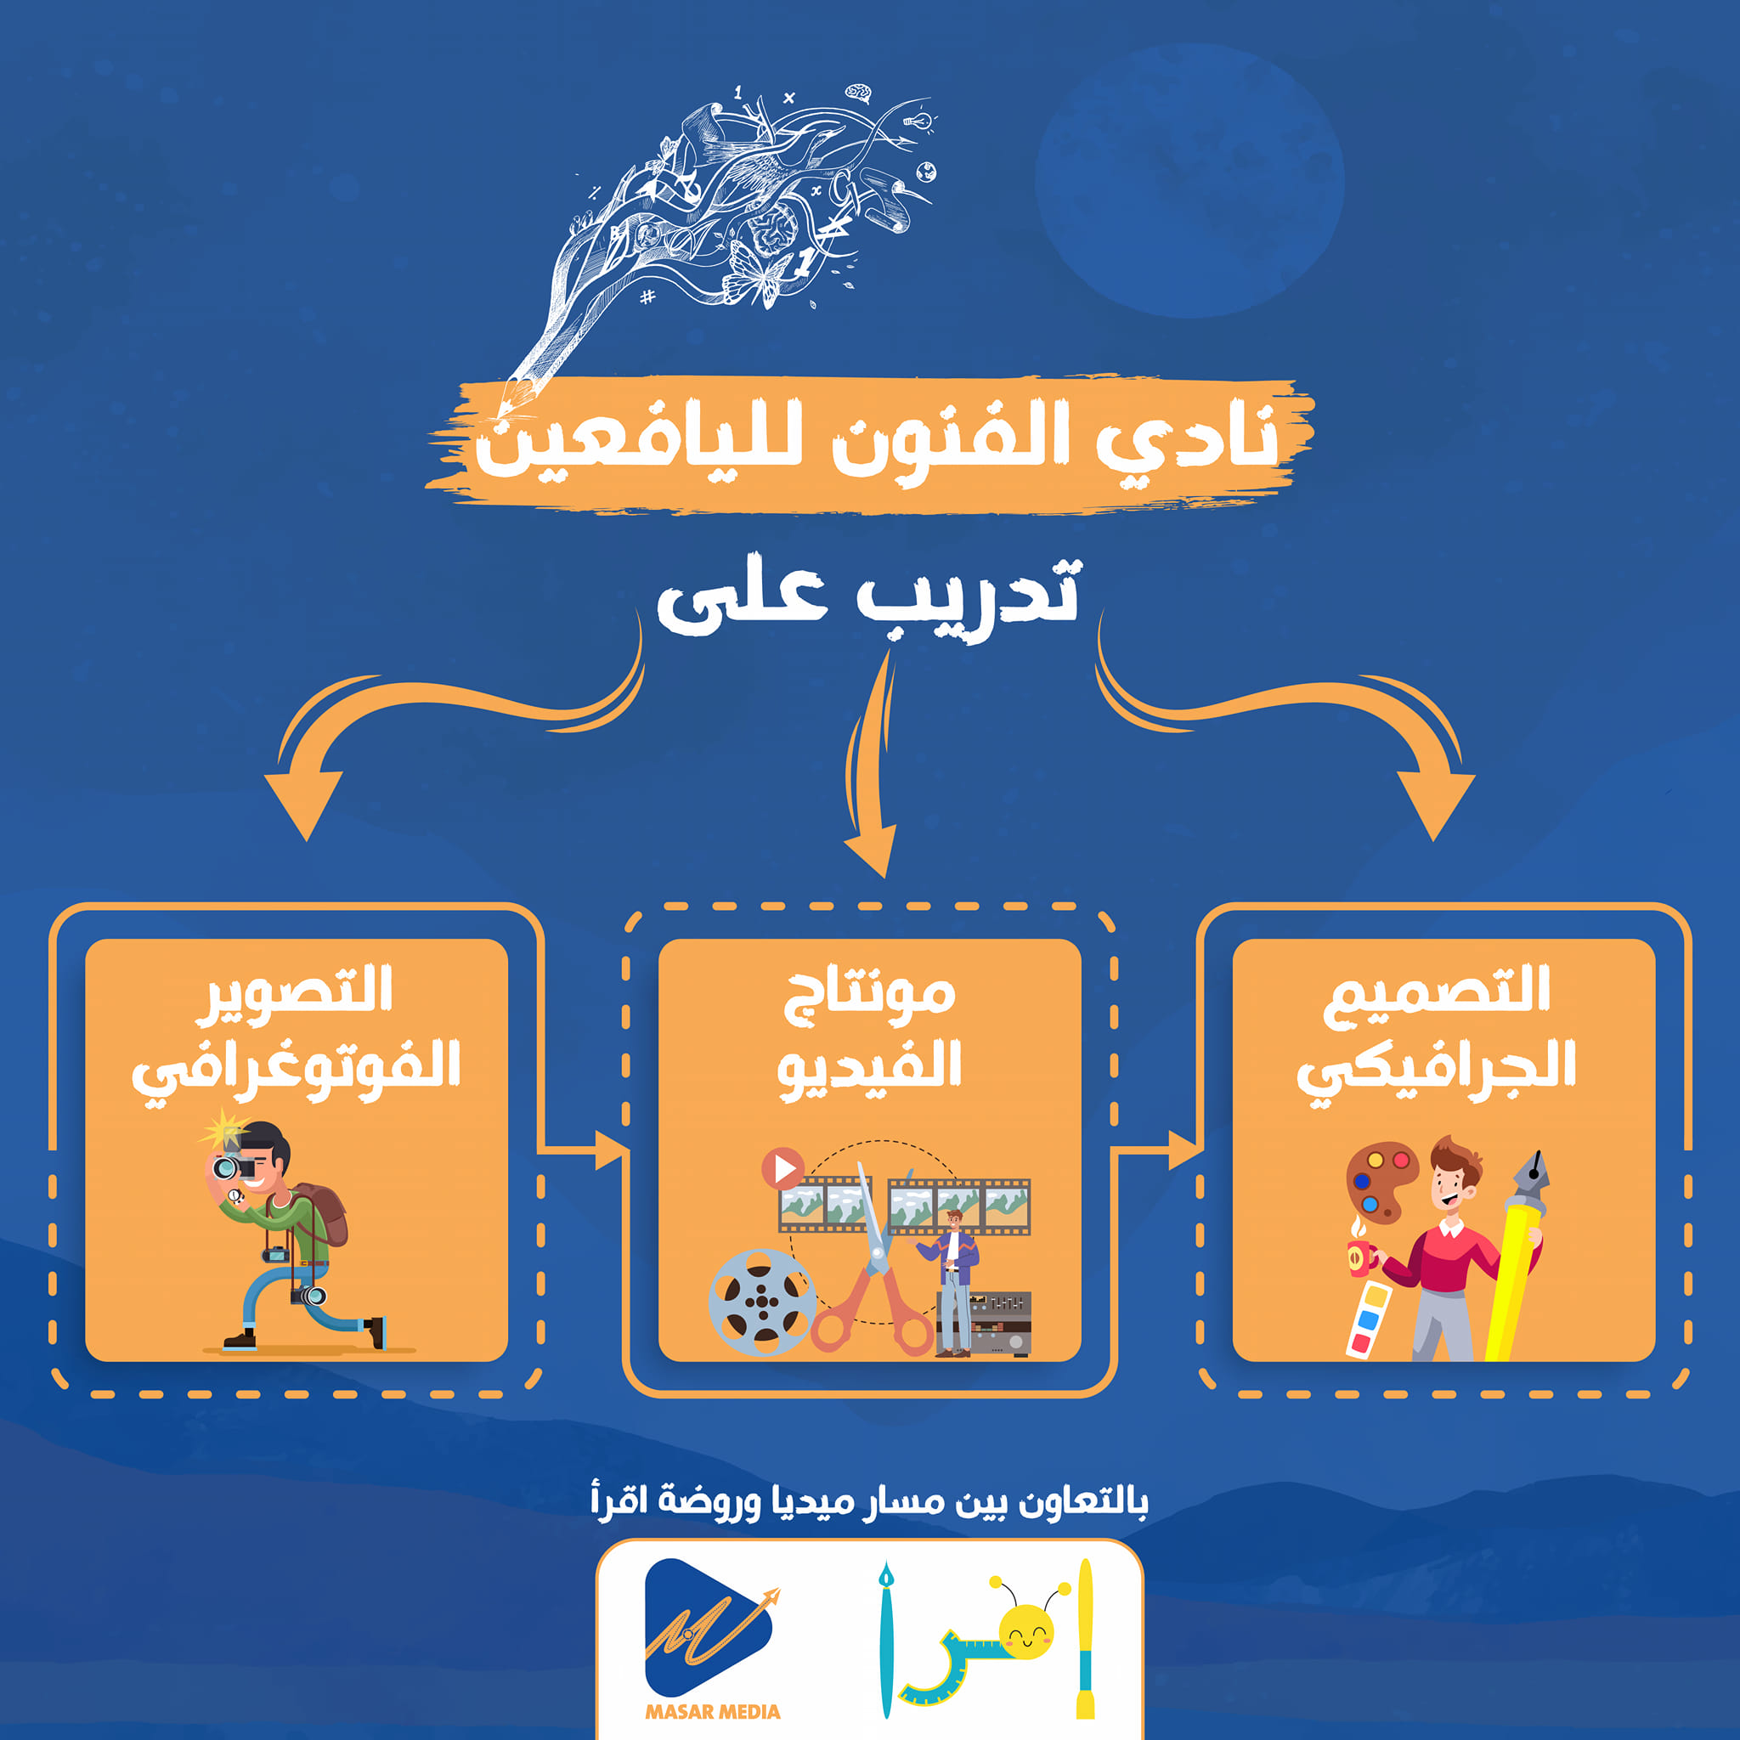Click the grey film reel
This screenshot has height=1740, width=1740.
click(x=762, y=1302)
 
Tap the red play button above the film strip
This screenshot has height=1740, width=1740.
click(x=782, y=1168)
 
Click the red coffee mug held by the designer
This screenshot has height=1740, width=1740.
click(x=1361, y=1256)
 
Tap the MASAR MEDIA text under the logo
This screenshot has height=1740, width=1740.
click(x=712, y=1712)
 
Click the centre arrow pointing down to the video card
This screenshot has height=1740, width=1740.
click(x=868, y=765)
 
